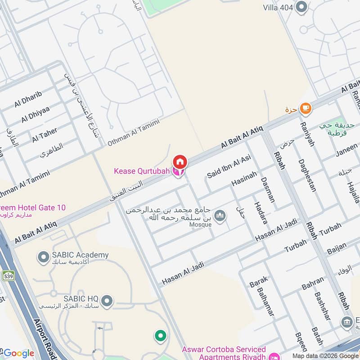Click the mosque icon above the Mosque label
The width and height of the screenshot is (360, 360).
[x=220, y=216]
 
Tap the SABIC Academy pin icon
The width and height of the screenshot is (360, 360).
[x=43, y=257]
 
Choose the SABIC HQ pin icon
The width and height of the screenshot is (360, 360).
[x=107, y=300]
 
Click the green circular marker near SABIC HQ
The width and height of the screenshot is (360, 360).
[x=160, y=335]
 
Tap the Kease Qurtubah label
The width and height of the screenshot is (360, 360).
[x=142, y=171]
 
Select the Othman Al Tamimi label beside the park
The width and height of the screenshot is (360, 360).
[x=133, y=133]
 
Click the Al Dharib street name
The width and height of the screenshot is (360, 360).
[x=28, y=99]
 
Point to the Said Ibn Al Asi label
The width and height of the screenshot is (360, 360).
[x=228, y=166]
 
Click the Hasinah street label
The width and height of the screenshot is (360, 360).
[x=244, y=179]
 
